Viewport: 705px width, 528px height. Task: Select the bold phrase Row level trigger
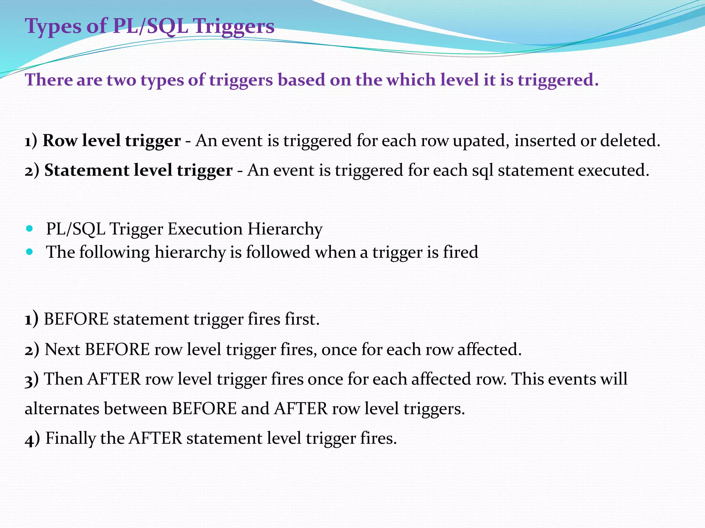[x=112, y=141]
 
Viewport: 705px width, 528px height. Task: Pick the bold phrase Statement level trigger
[x=138, y=170]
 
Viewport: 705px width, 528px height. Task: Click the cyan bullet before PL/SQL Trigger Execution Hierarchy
[x=30, y=228]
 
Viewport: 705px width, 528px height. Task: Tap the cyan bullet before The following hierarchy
[x=30, y=252]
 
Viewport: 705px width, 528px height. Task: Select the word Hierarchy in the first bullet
[x=285, y=229]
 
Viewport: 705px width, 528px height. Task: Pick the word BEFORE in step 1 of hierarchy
[x=76, y=319]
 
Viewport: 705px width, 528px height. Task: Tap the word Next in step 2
[x=63, y=349]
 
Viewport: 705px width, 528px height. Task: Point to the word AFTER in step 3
[x=114, y=379]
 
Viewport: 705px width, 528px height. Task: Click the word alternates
[x=62, y=409]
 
